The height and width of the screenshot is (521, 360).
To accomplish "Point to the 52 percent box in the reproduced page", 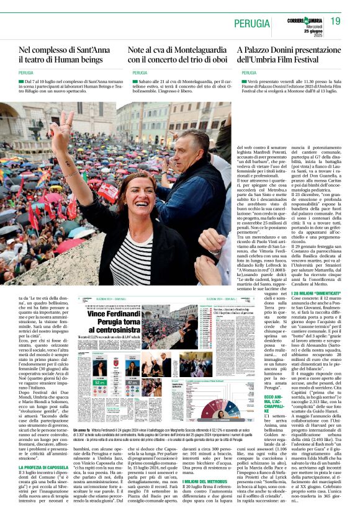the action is pyautogui.click(x=97, y=382).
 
